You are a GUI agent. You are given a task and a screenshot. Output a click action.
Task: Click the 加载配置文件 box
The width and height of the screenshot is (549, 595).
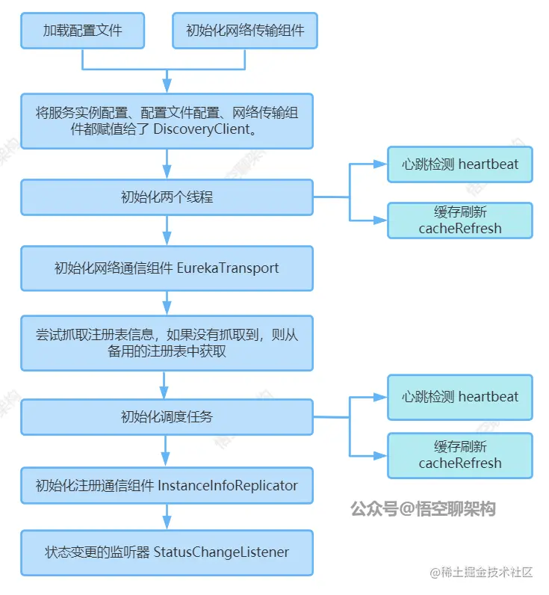[x=82, y=31]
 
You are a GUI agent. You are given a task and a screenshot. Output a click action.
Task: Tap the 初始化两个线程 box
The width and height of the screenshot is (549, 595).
[x=167, y=198]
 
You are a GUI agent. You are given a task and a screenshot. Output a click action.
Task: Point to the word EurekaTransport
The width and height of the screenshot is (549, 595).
[x=228, y=268]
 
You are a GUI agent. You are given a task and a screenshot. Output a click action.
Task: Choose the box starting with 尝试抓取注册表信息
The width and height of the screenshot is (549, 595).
[x=167, y=343]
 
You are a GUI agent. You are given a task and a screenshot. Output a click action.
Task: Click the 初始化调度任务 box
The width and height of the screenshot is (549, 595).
[x=167, y=416]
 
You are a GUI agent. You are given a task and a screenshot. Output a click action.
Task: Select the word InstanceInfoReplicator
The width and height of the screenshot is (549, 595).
[x=228, y=485]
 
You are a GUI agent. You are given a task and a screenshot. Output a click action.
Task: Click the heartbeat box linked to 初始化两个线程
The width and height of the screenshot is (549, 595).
[x=459, y=164]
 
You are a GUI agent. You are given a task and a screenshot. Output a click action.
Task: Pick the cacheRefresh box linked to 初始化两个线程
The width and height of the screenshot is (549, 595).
[x=459, y=220]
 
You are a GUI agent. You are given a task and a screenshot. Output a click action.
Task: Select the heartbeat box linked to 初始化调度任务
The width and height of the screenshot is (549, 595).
[x=459, y=397]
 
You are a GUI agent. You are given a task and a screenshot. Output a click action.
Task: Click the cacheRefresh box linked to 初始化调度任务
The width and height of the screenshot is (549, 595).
[x=459, y=454]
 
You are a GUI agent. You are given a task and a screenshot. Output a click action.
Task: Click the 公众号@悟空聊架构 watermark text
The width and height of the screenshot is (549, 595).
[x=423, y=509]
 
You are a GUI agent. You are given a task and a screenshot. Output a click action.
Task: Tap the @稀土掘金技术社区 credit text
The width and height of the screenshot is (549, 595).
[x=481, y=573]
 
